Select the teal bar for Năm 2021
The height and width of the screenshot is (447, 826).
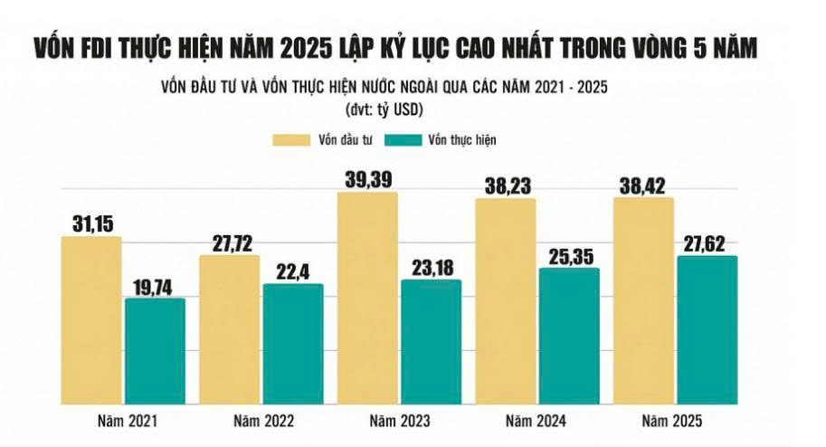pyautogui.click(x=155, y=350)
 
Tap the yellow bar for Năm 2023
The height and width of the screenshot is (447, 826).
pyautogui.click(x=366, y=298)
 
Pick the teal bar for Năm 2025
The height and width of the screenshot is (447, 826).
pyautogui.click(x=707, y=329)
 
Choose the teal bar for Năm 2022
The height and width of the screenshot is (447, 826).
pyautogui.click(x=292, y=344)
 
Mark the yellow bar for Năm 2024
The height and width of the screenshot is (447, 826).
pyautogui.click(x=505, y=300)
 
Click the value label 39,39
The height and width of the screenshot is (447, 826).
pyautogui.click(x=367, y=177)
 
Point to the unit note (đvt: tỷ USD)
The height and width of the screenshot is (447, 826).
pyautogui.click(x=385, y=109)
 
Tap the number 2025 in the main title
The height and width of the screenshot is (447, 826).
pyautogui.click(x=334, y=46)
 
